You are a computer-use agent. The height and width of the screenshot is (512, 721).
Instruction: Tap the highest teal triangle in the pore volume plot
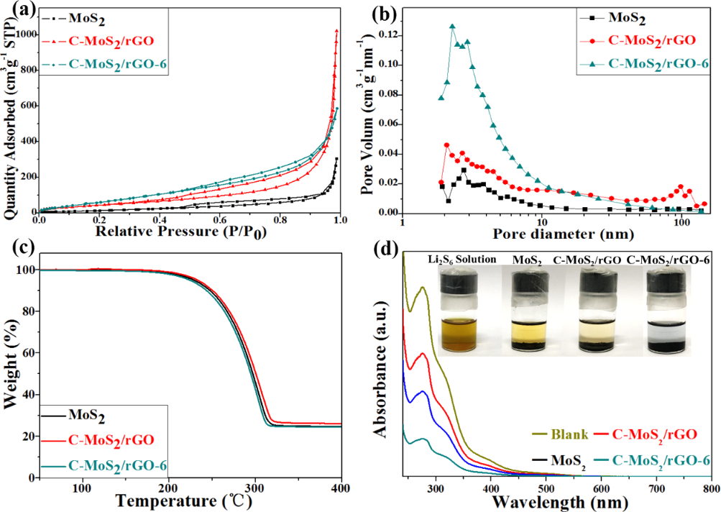tap(452, 27)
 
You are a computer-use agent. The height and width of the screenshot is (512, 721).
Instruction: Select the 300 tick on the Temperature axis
tap(254, 487)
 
